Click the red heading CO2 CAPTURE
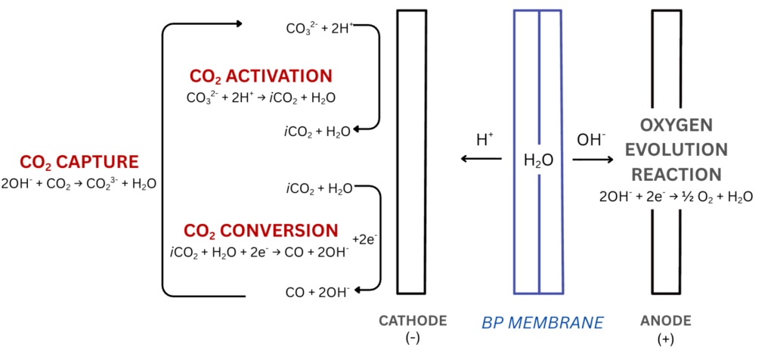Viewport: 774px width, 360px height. tap(79, 163)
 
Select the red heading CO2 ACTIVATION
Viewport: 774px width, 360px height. tap(261, 76)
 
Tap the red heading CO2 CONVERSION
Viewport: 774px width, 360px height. tap(261, 231)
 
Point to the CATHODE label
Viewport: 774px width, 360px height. tap(413, 321)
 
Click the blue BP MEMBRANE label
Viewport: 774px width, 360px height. tap(543, 322)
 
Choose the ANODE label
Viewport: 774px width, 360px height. tap(665, 321)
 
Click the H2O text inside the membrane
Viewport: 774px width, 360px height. tap(538, 160)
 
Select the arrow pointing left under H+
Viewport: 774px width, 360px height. tap(481, 159)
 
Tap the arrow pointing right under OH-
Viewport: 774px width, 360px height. tap(593, 159)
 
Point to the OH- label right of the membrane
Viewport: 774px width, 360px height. tap(591, 140)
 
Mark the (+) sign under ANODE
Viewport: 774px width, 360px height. tap(665, 340)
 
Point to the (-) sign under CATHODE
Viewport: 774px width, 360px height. tap(413, 340)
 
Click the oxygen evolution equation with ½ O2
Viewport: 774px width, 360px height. tap(676, 197)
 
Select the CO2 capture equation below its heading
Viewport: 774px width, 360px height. tap(79, 184)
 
